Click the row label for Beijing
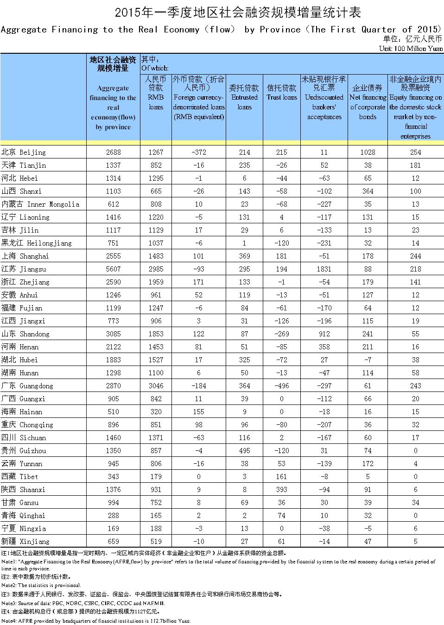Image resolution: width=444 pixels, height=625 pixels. point(24,152)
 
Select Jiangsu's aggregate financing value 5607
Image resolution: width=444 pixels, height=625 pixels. point(113,269)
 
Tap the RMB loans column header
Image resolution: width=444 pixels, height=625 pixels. point(156,93)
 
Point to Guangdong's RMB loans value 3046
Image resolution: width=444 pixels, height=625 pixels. point(156,385)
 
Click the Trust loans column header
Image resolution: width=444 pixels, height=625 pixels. point(282,93)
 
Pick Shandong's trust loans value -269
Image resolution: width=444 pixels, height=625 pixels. point(282,334)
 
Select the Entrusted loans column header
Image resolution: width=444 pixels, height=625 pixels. point(244,97)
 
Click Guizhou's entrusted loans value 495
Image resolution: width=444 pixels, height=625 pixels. point(244,450)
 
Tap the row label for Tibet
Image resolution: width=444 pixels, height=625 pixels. point(19,476)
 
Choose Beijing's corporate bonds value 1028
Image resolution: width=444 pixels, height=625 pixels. point(367,152)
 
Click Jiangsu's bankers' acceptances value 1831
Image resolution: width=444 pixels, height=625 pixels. point(324,269)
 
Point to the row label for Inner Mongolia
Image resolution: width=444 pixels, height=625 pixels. point(40,204)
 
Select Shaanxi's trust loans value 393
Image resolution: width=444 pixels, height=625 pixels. point(282,489)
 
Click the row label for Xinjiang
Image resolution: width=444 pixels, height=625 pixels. point(25,541)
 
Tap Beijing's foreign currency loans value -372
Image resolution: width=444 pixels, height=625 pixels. point(198,152)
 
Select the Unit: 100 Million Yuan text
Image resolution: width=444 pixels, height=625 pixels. point(410,48)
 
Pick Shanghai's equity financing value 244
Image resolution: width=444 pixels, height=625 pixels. point(415,256)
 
